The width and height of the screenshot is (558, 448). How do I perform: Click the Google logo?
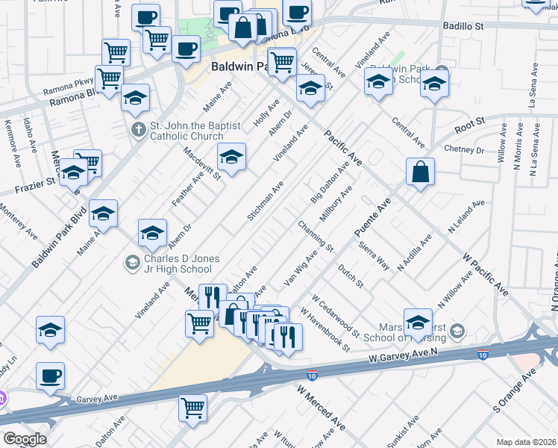[24, 439]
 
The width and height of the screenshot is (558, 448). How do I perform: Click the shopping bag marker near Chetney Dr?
[421, 172]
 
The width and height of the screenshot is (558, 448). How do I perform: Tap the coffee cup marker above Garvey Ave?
[50, 376]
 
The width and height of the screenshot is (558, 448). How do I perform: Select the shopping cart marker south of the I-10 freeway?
[192, 408]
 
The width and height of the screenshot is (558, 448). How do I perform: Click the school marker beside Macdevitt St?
[231, 158]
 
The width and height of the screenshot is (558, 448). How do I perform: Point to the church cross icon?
[137, 131]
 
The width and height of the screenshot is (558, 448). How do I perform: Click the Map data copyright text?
[526, 442]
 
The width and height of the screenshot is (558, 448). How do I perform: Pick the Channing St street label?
[314, 234]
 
